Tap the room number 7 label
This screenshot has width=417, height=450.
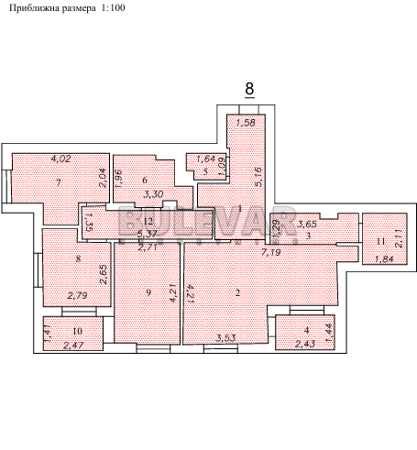point(58,183)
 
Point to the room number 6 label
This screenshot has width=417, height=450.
point(145,180)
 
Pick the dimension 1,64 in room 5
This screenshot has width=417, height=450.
point(205,159)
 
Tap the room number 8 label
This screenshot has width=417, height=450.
point(79,259)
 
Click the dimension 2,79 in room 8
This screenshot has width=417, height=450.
point(79,295)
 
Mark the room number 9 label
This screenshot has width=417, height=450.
point(148,292)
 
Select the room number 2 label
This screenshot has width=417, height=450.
point(237,293)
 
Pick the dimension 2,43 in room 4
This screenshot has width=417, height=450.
point(305,344)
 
